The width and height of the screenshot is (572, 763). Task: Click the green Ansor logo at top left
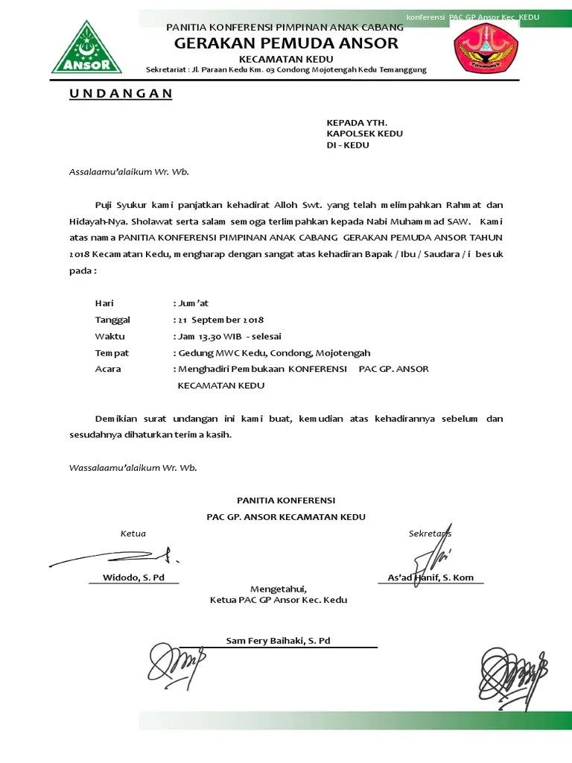(86, 46)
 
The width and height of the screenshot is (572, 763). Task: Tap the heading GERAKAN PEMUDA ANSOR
(286, 43)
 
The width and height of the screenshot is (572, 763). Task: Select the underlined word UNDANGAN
(121, 93)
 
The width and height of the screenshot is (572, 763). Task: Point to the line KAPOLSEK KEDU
(364, 133)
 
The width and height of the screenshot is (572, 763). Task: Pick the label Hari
(104, 303)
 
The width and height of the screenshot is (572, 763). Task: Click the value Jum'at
(192, 303)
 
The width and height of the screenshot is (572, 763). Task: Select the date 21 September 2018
(220, 320)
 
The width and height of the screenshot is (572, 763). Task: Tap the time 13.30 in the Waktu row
(209, 336)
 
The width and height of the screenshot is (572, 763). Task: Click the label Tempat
(112, 352)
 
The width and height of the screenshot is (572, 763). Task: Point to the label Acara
(108, 369)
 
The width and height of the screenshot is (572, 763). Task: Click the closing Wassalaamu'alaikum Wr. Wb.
(133, 468)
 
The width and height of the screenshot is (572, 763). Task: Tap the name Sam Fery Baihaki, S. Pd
(278, 640)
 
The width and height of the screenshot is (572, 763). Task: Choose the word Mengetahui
(278, 588)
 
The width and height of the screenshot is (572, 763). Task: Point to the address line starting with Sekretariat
(286, 70)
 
